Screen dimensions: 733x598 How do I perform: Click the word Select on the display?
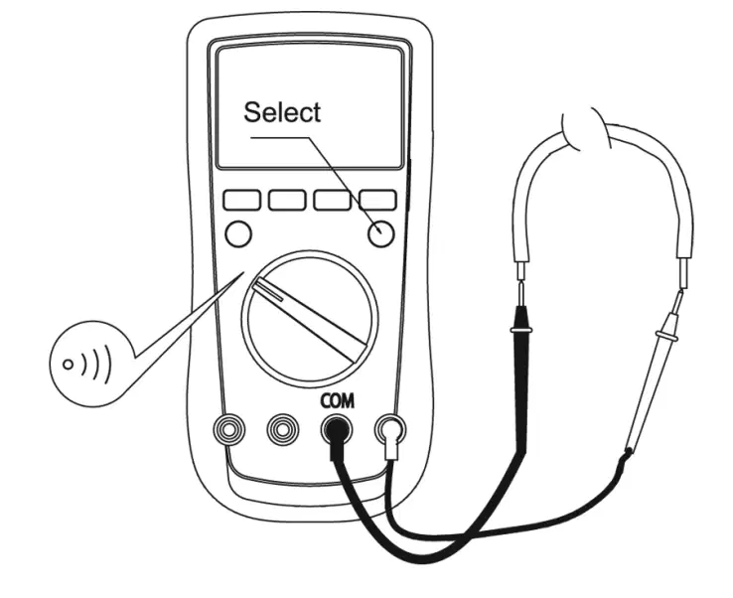(282, 112)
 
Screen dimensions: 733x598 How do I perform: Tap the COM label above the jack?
(337, 400)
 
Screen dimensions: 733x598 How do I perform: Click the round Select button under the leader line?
(381, 233)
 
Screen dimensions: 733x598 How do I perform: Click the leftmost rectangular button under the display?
(241, 200)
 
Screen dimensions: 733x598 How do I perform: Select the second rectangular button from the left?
(287, 200)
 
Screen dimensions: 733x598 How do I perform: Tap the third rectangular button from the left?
(332, 200)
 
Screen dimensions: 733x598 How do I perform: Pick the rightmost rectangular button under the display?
(377, 200)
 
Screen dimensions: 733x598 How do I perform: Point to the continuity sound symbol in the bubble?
(87, 364)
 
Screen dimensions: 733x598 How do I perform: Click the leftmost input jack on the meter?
(228, 428)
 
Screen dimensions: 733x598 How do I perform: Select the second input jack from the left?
(283, 428)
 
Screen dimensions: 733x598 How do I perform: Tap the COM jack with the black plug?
(337, 429)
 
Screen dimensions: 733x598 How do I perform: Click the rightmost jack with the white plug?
(390, 429)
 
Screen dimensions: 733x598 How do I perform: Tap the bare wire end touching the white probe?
(684, 275)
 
